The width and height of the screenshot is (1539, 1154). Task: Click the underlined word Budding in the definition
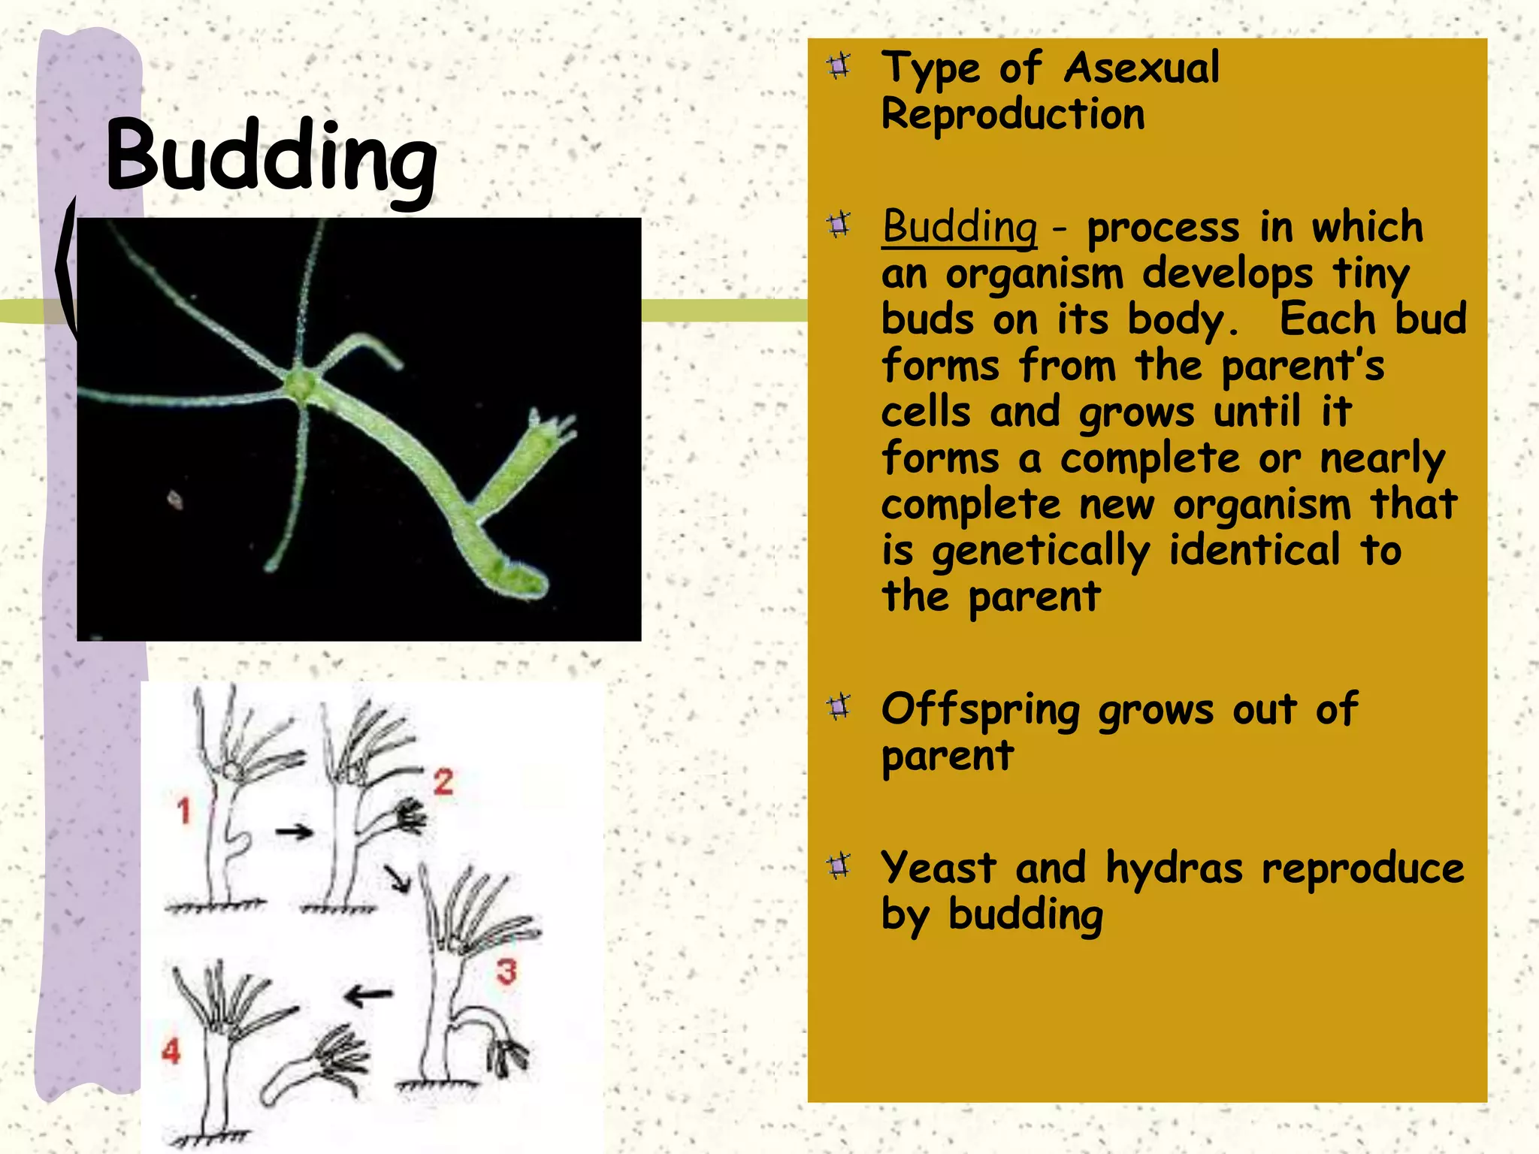pos(960,227)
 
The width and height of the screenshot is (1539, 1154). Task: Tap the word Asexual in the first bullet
pos(1141,68)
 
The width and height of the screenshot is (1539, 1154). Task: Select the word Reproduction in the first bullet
pos(1012,115)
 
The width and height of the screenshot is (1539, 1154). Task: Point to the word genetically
pos(1041,551)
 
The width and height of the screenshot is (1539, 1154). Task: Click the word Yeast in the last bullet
pos(939,869)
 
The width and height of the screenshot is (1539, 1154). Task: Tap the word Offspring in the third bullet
pos(981,709)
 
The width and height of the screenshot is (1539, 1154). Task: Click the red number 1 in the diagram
pos(184,811)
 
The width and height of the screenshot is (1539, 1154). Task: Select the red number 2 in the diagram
pos(443,782)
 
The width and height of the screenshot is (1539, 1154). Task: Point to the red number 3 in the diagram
pos(506,971)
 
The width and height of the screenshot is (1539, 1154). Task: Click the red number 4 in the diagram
pos(171,1050)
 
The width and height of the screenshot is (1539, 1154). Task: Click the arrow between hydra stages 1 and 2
pos(294,832)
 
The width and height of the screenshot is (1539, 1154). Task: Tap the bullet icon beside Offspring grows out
pos(839,706)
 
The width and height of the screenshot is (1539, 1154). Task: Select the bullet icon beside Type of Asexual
pos(839,66)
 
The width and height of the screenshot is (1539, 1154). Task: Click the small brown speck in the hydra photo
pos(175,499)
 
